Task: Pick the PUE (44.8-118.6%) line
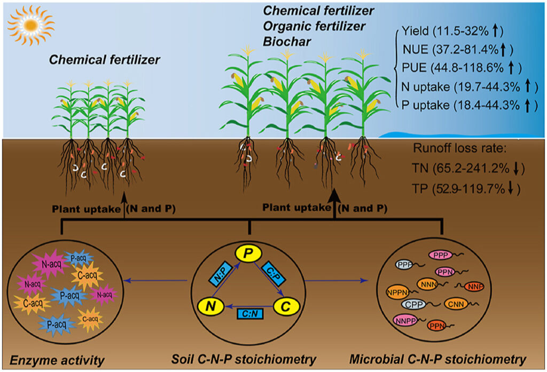click(460, 68)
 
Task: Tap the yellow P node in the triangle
click(248, 254)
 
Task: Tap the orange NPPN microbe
click(397, 291)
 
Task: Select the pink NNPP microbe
click(408, 320)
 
